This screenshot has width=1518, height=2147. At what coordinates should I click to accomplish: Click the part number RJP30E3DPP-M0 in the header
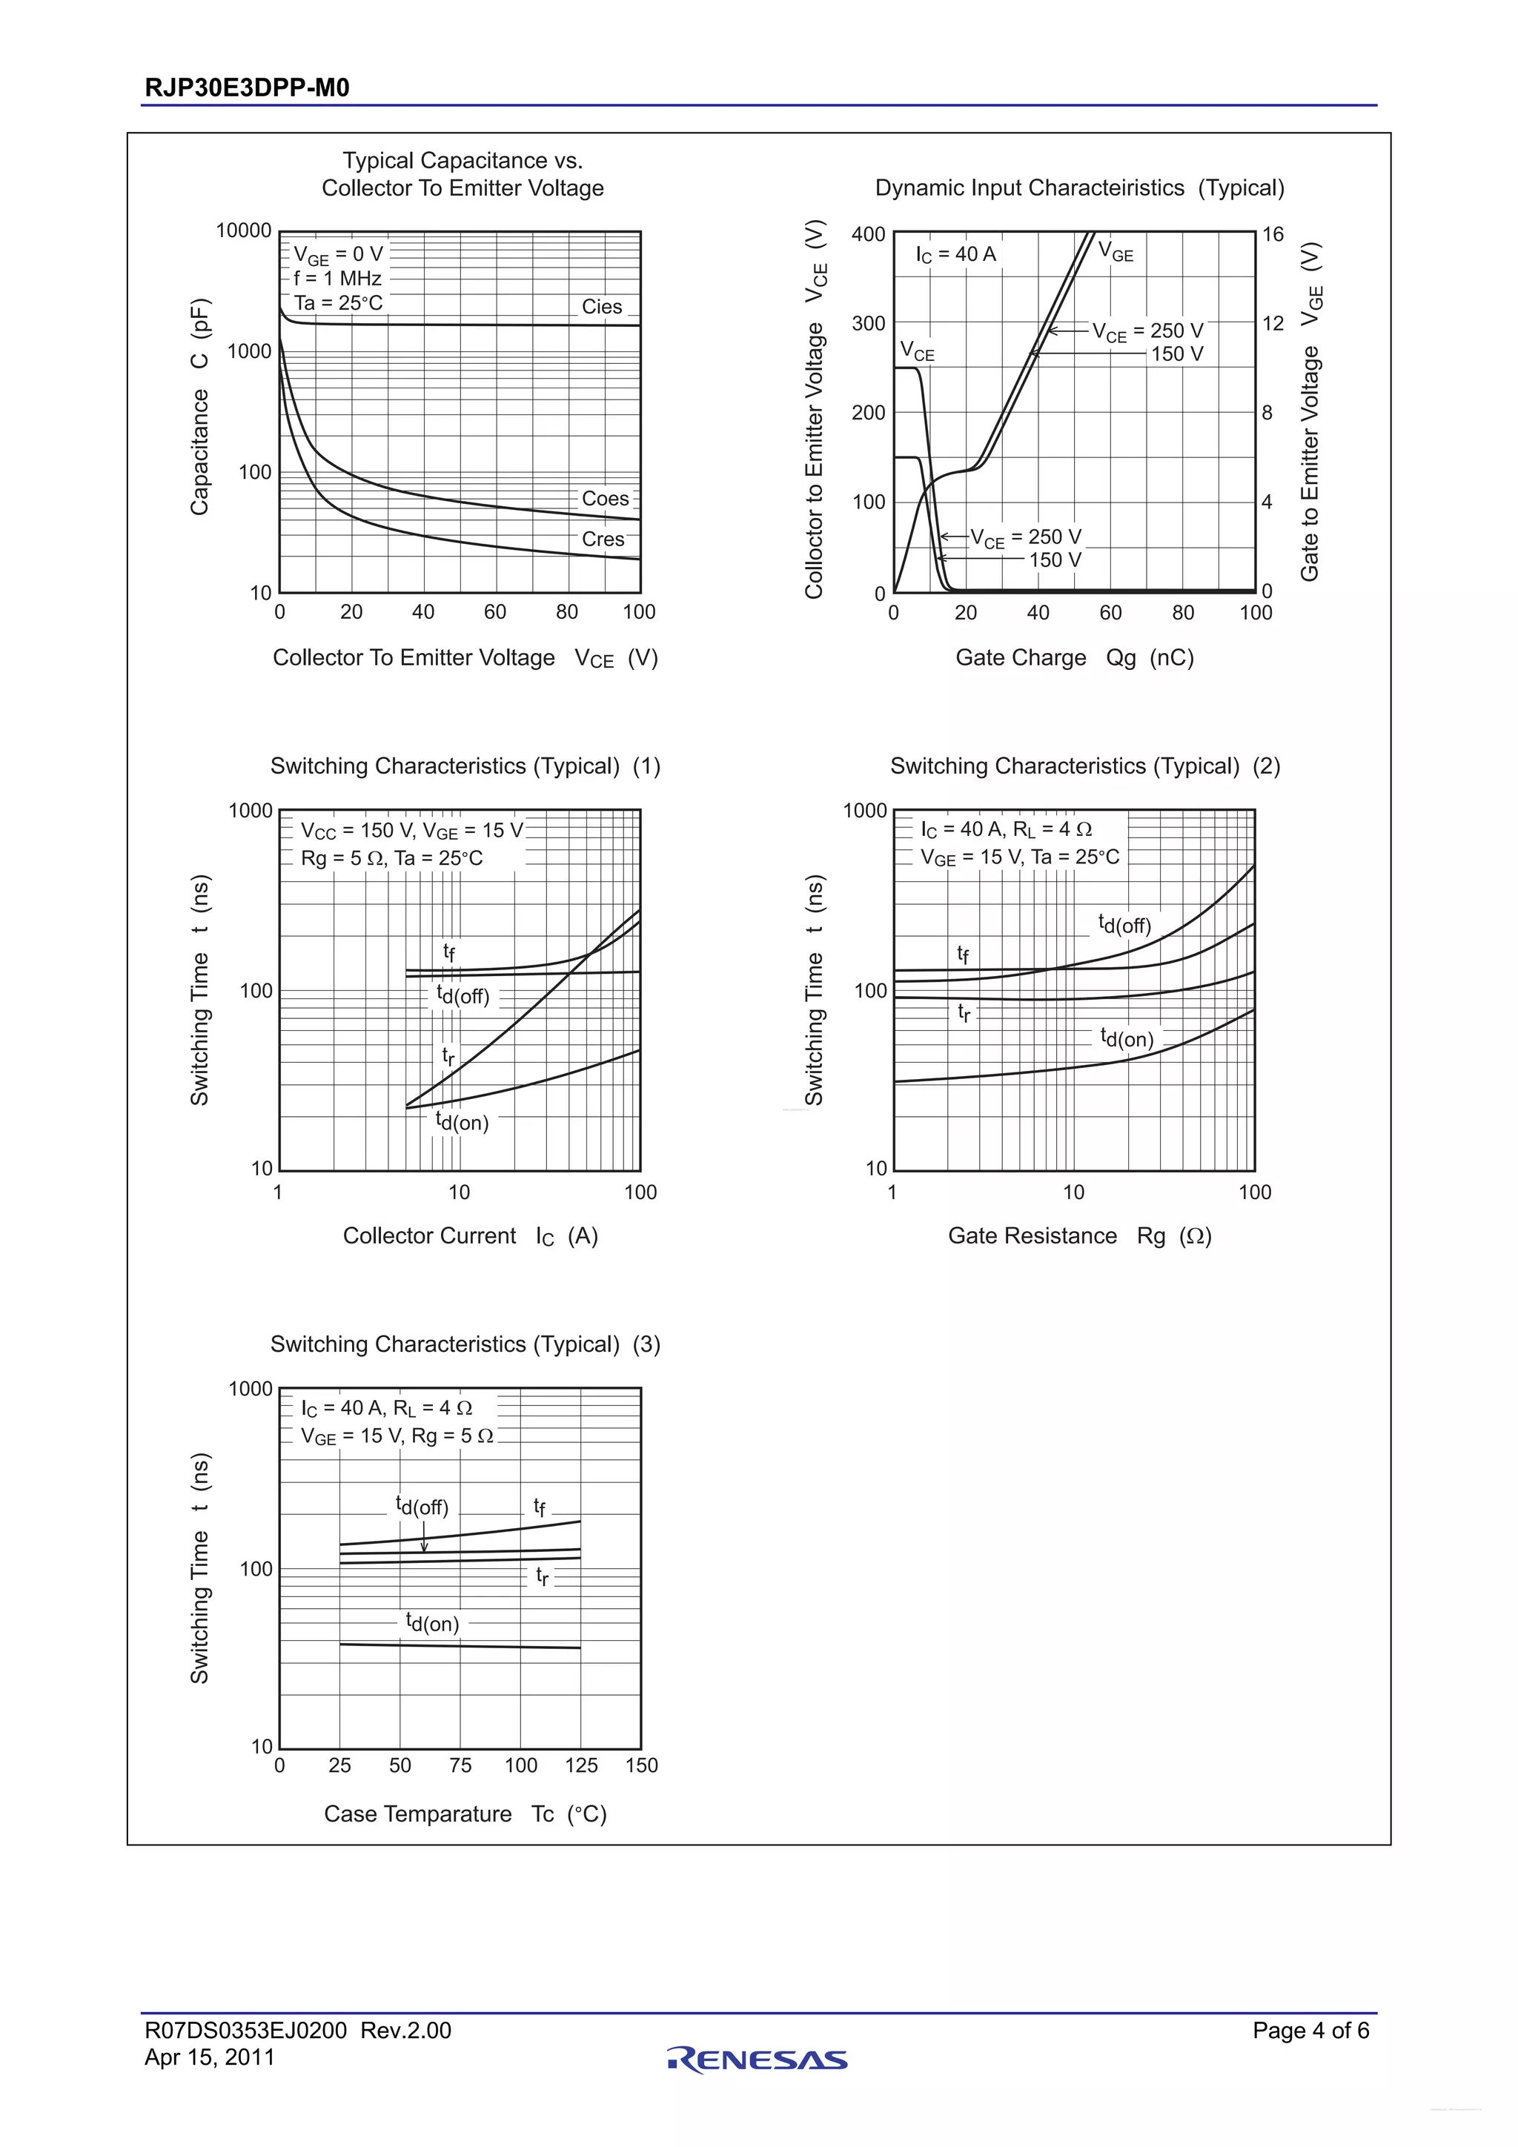point(247,88)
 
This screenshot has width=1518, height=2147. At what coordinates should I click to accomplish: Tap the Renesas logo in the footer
point(758,2060)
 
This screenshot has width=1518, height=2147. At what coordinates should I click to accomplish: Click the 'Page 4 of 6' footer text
point(1310,2030)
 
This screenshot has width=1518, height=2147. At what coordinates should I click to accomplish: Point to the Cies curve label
point(601,307)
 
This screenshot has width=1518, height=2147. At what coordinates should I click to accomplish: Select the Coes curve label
point(605,499)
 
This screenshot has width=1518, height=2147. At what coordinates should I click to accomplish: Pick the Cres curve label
point(603,540)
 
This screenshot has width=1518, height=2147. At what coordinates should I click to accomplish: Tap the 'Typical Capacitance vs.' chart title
point(463,161)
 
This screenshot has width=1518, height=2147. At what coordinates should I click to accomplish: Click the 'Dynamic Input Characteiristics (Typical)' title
point(1079,188)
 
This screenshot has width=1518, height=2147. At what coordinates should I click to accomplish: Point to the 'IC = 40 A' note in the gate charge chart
point(956,254)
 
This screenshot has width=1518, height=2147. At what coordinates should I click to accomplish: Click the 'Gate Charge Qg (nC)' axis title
point(1075,658)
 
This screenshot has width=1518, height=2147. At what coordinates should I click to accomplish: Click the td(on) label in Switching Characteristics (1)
point(462,1121)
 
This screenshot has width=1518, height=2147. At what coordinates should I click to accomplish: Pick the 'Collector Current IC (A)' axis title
point(471,1236)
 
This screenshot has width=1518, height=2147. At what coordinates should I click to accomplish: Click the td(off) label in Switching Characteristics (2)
point(1124,924)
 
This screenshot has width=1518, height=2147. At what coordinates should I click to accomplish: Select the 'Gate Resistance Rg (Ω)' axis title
point(1079,1236)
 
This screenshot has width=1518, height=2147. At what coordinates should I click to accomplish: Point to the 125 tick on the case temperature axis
point(581,1765)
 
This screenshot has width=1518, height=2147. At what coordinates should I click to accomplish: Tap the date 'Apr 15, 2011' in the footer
point(210,2057)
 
